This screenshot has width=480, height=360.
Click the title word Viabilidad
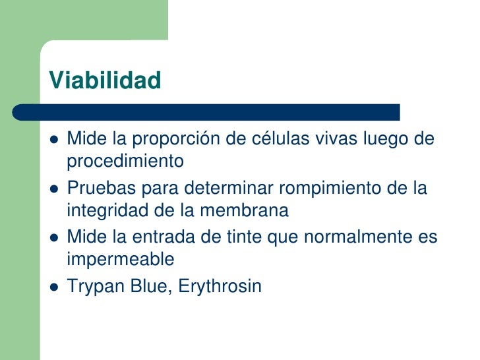(105, 80)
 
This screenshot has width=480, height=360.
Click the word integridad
(100, 210)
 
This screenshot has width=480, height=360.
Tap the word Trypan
(94, 287)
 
